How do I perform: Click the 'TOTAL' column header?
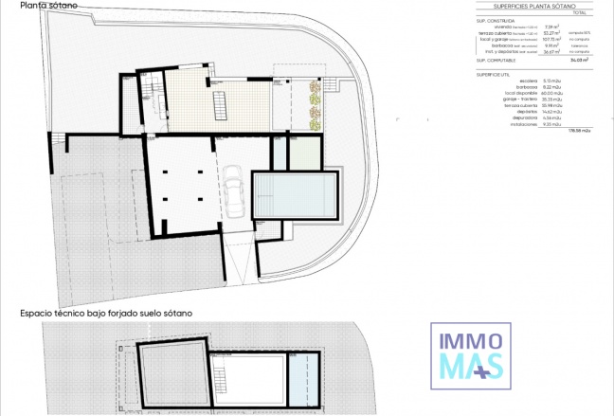pyautogui.click(x=580, y=13)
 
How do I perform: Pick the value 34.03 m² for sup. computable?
pyautogui.click(x=576, y=59)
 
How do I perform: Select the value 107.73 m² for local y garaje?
pyautogui.click(x=552, y=39)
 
